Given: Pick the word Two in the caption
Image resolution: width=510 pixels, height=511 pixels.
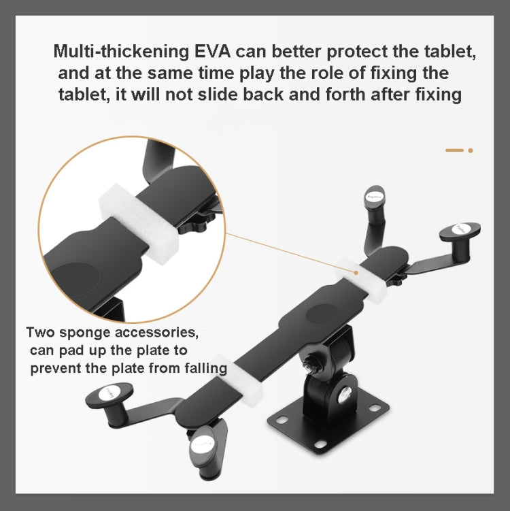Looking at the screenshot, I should [x=39, y=333].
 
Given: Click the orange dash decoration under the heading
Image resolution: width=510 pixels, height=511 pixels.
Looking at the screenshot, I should [x=454, y=150].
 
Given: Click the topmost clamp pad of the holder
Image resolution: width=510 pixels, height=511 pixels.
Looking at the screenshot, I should [x=375, y=196].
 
